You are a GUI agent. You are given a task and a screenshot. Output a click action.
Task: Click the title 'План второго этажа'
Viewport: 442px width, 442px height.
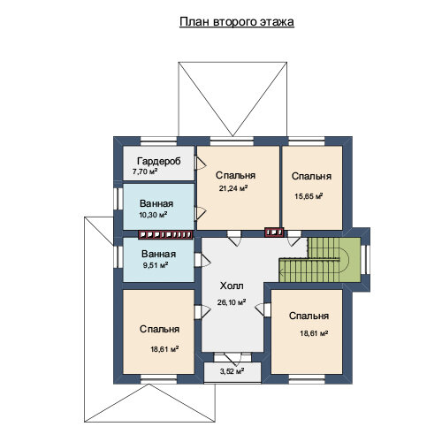point(237,22)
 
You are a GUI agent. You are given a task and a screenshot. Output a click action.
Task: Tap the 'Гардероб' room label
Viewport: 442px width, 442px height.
point(159,161)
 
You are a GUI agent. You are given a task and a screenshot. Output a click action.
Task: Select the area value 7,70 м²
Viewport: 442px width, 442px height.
point(145,171)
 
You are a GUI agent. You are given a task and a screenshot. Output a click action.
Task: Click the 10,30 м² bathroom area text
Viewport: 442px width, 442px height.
point(153,215)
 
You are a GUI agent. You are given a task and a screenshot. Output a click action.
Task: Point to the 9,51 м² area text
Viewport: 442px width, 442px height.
point(156,265)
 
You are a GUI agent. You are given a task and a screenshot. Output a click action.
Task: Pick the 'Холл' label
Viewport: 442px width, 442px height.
point(232,286)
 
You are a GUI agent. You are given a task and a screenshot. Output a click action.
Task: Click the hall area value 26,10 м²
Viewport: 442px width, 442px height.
point(232,302)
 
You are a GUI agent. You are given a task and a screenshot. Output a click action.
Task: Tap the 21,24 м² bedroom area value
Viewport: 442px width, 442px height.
point(233,188)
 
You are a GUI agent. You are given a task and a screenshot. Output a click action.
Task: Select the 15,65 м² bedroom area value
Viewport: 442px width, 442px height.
point(309,196)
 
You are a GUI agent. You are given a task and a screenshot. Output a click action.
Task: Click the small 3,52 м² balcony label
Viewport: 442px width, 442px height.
point(232,371)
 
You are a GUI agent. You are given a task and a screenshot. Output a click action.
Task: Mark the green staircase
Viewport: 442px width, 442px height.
point(320,260)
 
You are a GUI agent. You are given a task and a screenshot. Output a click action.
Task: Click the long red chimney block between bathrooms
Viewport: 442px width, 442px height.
point(165,234)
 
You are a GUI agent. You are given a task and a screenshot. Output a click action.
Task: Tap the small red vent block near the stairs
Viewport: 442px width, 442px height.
point(274,232)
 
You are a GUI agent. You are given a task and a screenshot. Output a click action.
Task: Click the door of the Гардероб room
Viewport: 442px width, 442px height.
point(200,163)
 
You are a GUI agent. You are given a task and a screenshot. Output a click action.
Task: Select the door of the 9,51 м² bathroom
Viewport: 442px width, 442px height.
point(202,260)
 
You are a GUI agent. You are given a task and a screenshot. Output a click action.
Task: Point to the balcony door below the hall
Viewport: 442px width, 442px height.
point(232,357)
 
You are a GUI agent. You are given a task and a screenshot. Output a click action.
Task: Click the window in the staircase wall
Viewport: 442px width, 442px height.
point(365,260)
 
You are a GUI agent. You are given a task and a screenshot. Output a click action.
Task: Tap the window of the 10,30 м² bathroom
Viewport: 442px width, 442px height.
point(118,199)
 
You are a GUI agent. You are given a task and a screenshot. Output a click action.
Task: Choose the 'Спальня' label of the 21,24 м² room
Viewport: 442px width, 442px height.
point(235,175)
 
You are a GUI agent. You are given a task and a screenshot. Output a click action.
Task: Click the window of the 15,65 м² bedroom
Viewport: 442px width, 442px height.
point(307,141)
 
